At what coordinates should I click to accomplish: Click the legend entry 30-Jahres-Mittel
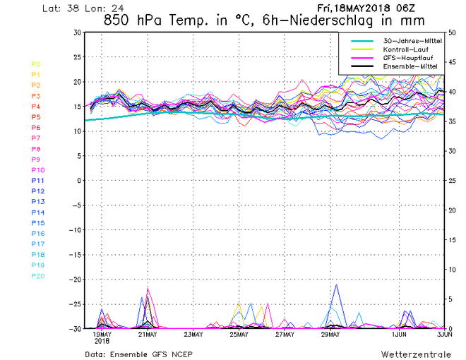coord(412,41)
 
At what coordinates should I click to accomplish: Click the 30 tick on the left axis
coord(76,32)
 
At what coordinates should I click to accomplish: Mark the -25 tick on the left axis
coord(74,304)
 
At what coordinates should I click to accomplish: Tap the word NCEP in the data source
coord(181,353)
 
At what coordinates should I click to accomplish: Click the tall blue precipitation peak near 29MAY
coord(337,285)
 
